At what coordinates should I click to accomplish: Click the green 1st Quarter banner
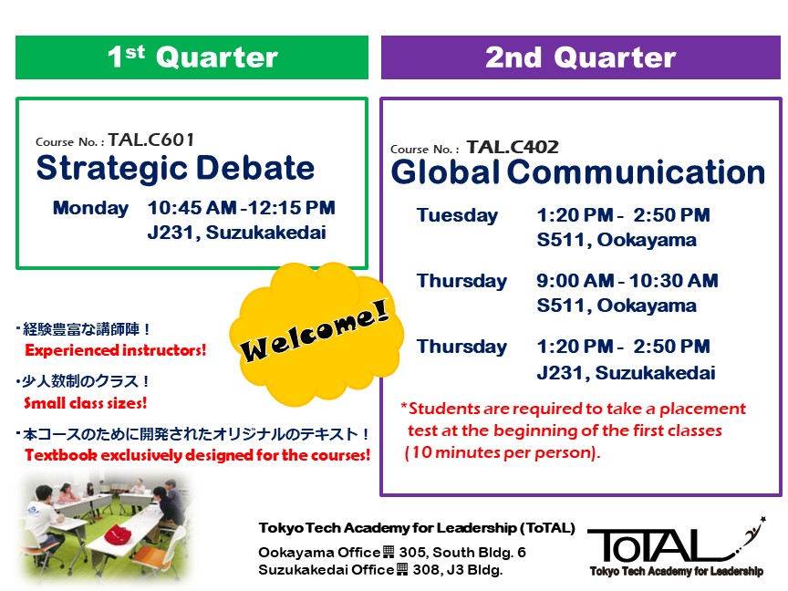[x=192, y=57]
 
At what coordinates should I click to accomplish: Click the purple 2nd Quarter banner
[x=580, y=57]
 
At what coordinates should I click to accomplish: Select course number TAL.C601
[x=151, y=140]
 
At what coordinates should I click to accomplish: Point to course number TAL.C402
[x=513, y=147]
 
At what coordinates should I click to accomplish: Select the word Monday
[x=90, y=208]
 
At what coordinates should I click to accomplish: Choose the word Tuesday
[x=457, y=215]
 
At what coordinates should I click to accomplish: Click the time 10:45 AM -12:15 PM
[x=241, y=208]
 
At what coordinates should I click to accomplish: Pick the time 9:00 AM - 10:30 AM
[x=627, y=280]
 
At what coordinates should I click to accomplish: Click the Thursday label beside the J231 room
[x=461, y=347]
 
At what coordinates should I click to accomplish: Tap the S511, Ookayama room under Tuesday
[x=617, y=240]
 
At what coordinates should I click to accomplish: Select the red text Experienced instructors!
[x=116, y=350]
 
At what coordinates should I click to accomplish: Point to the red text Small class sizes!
[x=86, y=402]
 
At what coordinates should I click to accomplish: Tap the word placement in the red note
[x=702, y=410]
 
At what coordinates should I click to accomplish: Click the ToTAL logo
[x=676, y=547]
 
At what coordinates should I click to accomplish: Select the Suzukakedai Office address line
[x=380, y=570]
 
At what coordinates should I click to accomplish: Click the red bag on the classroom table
[x=118, y=533]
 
